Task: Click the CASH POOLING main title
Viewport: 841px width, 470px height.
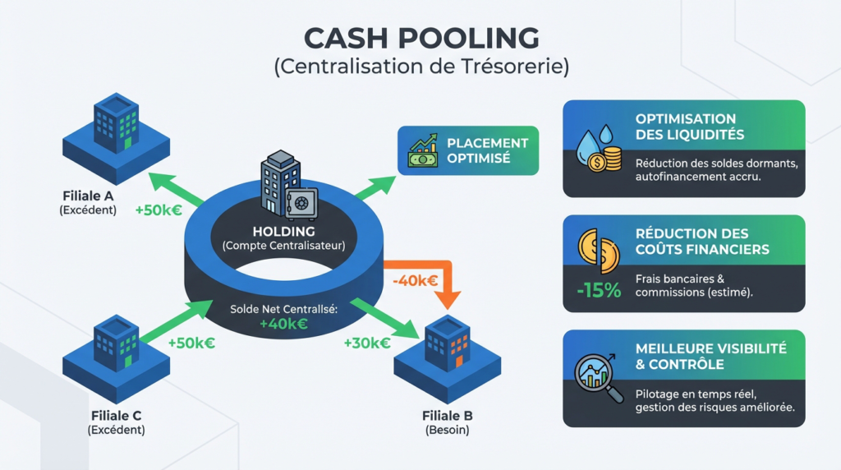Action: pos(421,38)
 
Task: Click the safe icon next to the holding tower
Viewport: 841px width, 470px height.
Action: pos(301,203)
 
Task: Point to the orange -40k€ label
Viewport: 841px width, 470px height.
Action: pos(415,280)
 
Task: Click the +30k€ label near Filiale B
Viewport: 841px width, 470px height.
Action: pos(366,343)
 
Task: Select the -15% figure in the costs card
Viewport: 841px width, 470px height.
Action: pos(598,289)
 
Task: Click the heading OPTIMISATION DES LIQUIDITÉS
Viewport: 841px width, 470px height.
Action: pos(690,127)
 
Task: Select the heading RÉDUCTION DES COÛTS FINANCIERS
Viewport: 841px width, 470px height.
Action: pos(702,242)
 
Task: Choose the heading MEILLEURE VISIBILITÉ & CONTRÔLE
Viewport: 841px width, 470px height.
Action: pos(710,356)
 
